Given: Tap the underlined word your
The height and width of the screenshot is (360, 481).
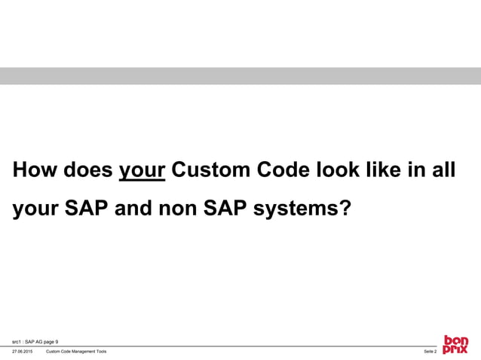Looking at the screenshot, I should coord(142,170).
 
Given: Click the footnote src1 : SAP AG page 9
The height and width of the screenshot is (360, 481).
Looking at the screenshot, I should coord(35,340).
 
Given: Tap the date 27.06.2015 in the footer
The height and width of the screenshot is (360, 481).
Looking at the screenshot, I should coord(22,352).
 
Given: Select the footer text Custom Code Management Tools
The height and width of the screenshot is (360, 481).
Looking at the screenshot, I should coord(76,352).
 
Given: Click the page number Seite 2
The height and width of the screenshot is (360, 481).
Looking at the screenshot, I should coord(430,352).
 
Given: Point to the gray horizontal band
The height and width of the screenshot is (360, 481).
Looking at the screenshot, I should coord(240,76).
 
